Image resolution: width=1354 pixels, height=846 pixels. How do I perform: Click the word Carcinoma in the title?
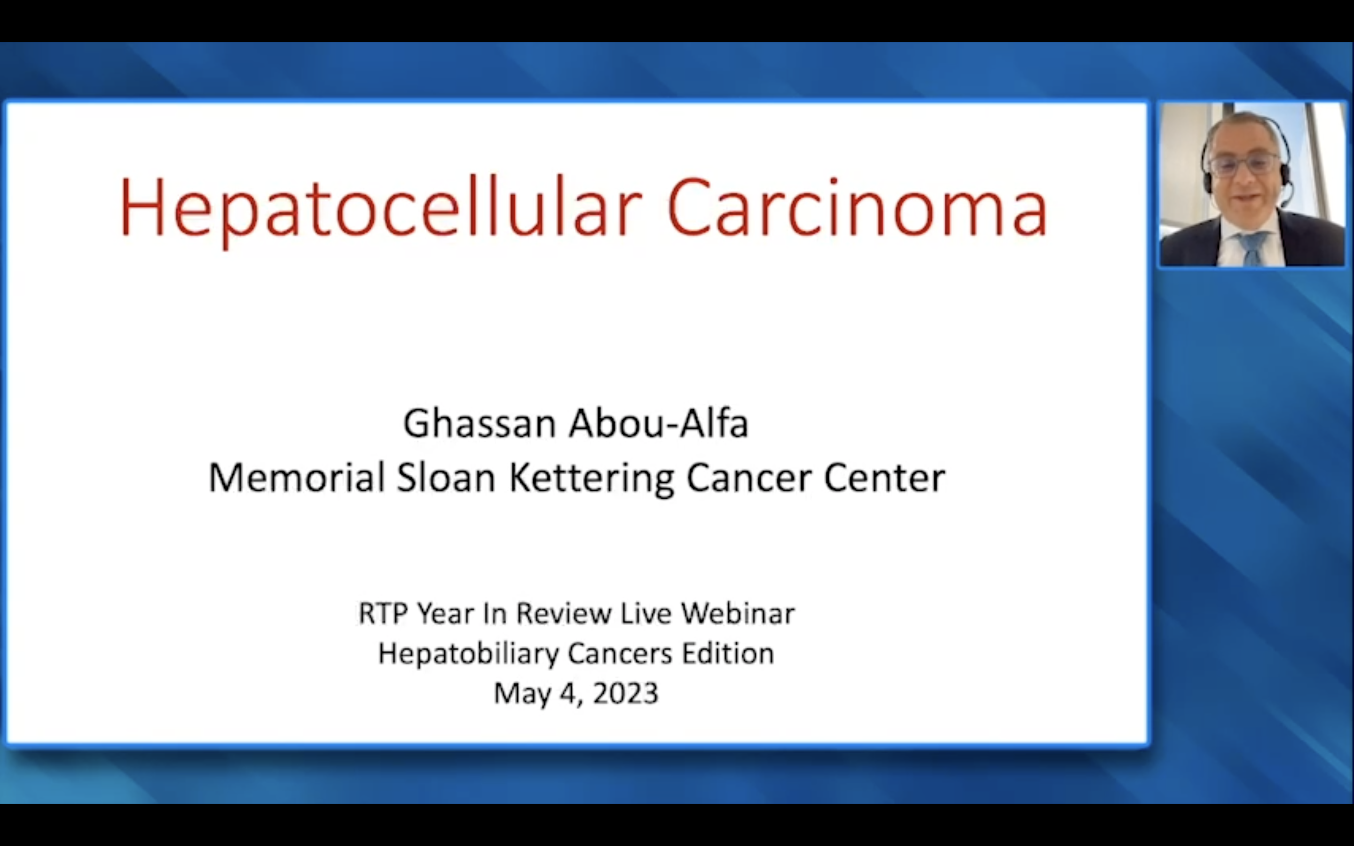(x=857, y=207)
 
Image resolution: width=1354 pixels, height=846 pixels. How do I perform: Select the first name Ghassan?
(x=480, y=424)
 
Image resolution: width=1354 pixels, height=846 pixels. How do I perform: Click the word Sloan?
(x=446, y=477)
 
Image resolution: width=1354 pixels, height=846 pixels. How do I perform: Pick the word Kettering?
(x=591, y=479)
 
